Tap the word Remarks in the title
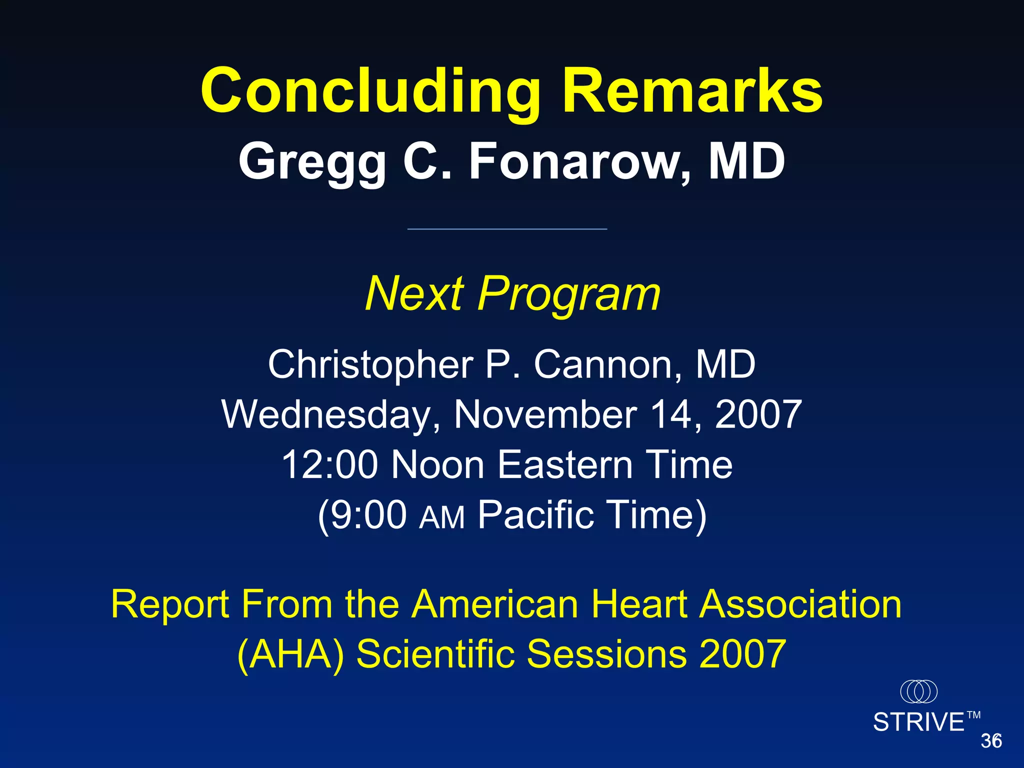pyautogui.click(x=692, y=91)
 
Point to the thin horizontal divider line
pyautogui.click(x=507, y=229)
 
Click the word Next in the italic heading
pyautogui.click(x=414, y=294)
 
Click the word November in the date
pyautogui.click(x=545, y=414)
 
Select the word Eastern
pyautogui.click(x=565, y=465)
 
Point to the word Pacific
pyautogui.click(x=535, y=515)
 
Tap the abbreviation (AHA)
pyautogui.click(x=290, y=654)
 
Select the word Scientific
pyautogui.click(x=435, y=654)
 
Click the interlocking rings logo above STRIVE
pyautogui.click(x=918, y=691)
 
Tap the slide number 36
pyautogui.click(x=991, y=741)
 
